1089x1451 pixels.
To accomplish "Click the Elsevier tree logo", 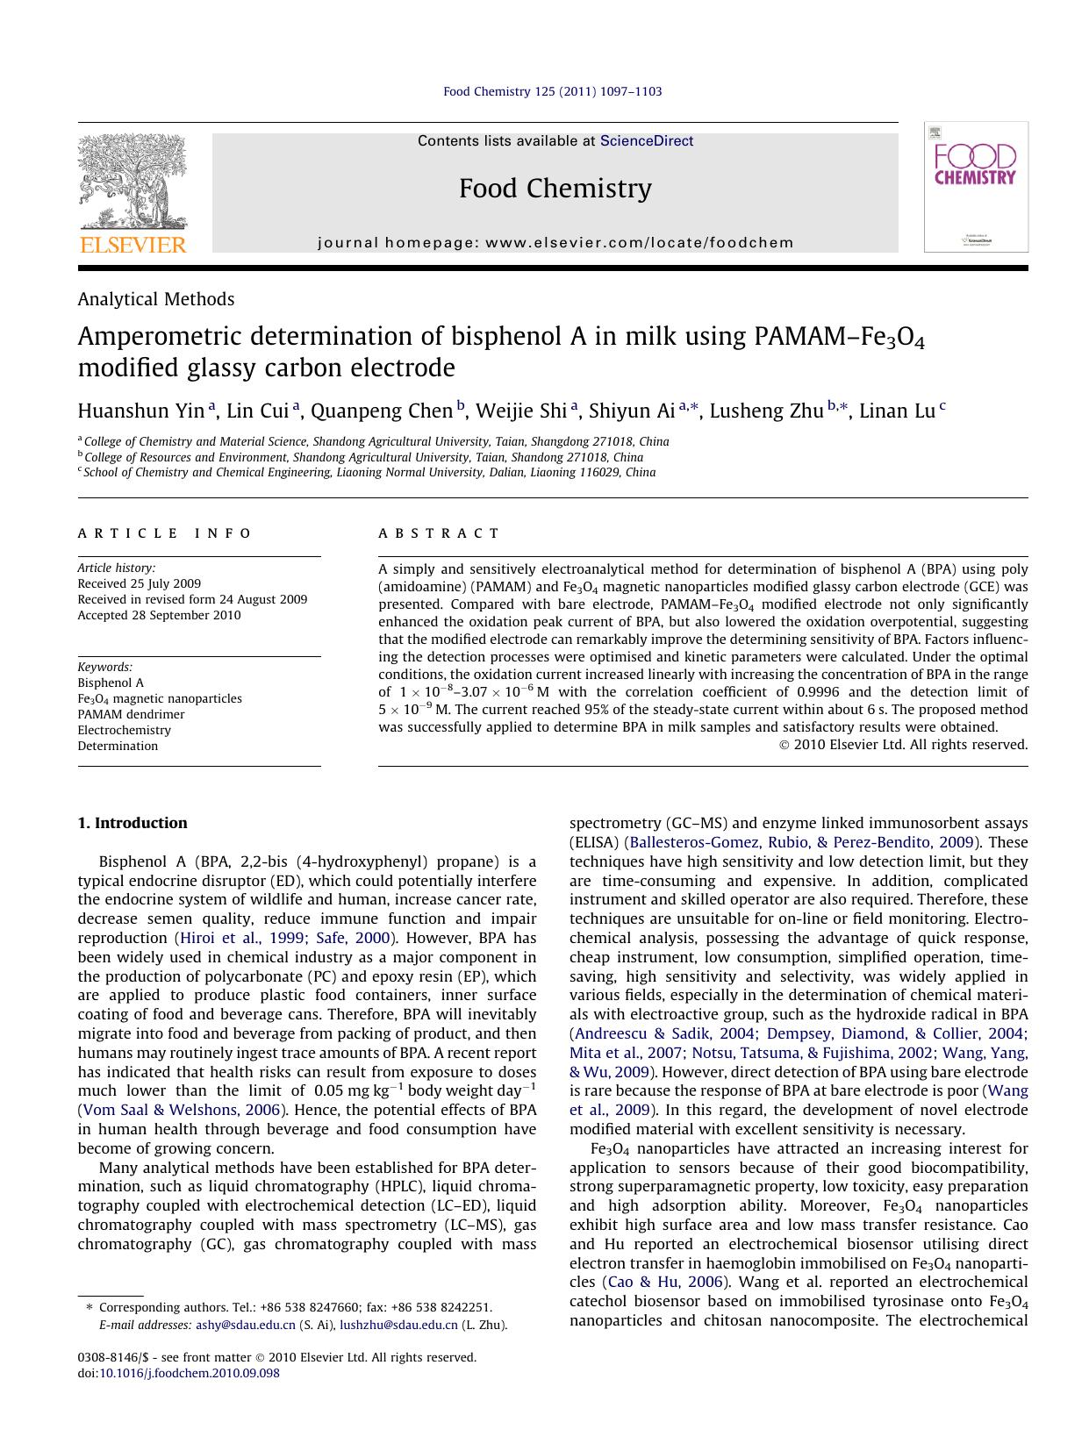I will [133, 182].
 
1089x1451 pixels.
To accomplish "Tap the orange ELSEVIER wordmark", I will [133, 245].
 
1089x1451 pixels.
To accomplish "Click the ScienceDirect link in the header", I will [646, 141].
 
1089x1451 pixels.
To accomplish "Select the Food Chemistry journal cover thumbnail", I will [975, 187].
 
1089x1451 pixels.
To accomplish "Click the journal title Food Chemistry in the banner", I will [555, 189].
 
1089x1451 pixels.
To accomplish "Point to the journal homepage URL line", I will [555, 243].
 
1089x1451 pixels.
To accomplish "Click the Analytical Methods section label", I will [155, 299].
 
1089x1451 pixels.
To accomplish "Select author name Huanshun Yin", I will [140, 411].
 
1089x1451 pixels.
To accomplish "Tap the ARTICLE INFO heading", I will [164, 533].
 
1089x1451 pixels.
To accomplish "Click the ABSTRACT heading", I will [439, 533].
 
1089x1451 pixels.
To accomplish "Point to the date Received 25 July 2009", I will [139, 583].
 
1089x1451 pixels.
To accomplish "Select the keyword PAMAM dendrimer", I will [131, 714].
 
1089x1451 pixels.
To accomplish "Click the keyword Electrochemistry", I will [124, 730].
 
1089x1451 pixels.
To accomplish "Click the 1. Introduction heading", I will [132, 823].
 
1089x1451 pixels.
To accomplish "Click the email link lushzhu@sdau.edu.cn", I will [398, 1326].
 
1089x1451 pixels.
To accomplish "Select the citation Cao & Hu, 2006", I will [666, 1282].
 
